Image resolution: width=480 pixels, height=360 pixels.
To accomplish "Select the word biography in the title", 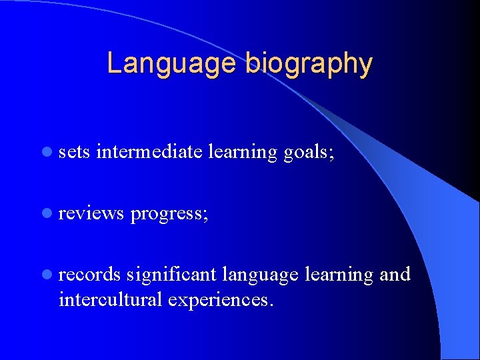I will pos(308,65).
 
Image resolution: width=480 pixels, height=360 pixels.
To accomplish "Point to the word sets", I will pos(74,153).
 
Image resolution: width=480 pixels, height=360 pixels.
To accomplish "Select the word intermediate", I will pos(149,152).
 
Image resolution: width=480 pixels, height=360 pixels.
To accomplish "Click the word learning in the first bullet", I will pos(243,153).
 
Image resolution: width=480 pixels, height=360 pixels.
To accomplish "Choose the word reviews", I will pos(91,214).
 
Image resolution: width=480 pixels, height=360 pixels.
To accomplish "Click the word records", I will pos(90,275).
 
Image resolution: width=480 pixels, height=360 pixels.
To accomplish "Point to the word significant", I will pos(172,275).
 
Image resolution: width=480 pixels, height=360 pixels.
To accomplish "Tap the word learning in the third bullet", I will pos(339,275).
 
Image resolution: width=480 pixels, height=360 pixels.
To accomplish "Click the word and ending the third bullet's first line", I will pos(395,275).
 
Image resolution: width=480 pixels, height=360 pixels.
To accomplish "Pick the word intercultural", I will pos(111,300).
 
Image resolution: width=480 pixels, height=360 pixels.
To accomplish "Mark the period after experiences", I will pos(271,305).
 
